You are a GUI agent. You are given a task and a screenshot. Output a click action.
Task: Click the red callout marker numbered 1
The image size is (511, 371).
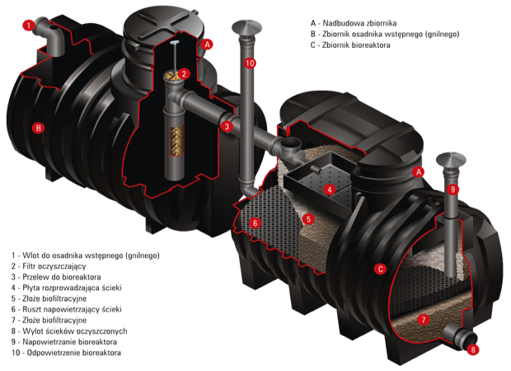(x=29, y=26)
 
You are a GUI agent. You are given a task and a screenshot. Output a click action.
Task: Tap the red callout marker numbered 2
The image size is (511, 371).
(x=184, y=73)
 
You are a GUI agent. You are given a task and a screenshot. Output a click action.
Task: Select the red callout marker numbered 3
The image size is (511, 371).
(x=227, y=126)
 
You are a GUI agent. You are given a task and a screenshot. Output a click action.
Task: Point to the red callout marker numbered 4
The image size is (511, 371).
(x=330, y=190)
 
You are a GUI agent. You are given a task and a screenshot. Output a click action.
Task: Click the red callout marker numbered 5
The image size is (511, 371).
(x=308, y=219)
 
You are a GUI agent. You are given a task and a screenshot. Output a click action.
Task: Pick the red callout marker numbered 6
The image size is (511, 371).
(x=255, y=223)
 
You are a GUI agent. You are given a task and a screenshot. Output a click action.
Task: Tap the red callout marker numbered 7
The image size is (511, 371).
(x=424, y=320)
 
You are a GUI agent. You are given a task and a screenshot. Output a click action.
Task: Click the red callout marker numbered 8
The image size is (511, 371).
(x=473, y=350)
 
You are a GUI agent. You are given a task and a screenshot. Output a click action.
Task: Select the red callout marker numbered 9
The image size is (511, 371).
(x=452, y=189)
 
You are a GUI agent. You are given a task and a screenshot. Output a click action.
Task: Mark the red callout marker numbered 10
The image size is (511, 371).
(x=250, y=63)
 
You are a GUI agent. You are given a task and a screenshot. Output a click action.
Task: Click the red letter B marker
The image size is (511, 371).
(x=38, y=128)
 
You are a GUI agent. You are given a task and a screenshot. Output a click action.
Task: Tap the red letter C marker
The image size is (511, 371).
(x=380, y=269)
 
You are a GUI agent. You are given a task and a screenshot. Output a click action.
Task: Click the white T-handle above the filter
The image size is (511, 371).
(x=175, y=43)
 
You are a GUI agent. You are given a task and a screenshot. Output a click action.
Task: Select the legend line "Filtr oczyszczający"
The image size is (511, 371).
(x=49, y=266)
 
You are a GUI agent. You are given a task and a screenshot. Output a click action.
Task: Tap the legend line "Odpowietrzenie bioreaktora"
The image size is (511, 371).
(x=66, y=353)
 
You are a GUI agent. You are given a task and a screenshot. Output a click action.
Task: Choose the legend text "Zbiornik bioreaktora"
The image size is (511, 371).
(x=356, y=45)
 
